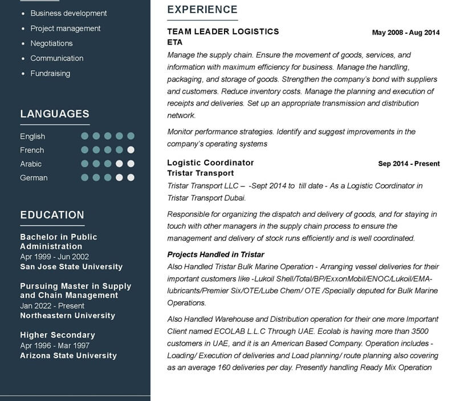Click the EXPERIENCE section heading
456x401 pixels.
202,10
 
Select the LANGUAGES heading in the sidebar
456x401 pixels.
55,114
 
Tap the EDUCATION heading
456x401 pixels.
52,215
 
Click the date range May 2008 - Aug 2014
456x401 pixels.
405,33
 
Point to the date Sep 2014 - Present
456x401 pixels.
409,164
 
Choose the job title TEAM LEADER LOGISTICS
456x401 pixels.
223,31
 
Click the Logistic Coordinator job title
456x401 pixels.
210,163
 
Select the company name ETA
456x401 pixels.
174,42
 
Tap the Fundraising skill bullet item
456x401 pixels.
50,73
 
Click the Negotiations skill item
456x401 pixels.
51,43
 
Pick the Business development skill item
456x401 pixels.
68,13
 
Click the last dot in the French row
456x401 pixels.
131,150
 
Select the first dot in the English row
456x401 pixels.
85,136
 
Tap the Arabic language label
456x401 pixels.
31,164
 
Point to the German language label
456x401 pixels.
34,177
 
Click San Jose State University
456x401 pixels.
71,266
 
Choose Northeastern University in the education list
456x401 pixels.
67,315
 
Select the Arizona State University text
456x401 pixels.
68,355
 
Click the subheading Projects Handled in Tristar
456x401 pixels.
215,254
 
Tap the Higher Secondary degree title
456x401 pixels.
58,335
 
